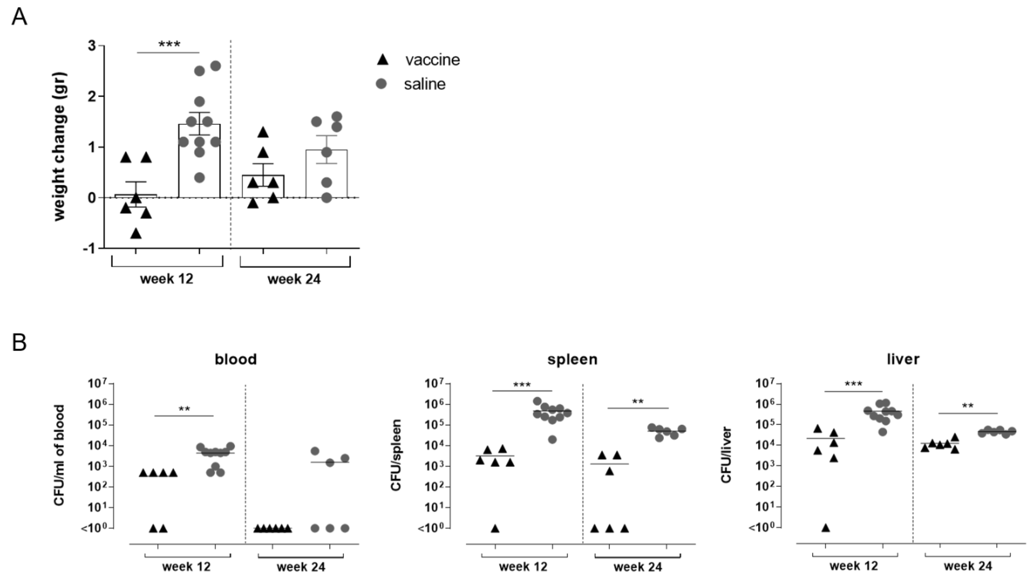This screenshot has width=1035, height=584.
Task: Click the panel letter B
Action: [19, 343]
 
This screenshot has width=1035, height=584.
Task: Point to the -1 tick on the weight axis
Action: [90, 249]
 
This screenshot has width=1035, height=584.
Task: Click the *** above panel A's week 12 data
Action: [169, 44]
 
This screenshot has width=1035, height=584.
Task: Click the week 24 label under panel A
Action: [294, 279]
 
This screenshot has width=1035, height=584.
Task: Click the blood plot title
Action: [236, 359]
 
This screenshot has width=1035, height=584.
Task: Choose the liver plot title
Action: [903, 359]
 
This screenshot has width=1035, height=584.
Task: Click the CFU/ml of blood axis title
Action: [59, 455]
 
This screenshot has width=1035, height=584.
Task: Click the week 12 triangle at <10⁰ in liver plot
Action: [826, 528]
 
